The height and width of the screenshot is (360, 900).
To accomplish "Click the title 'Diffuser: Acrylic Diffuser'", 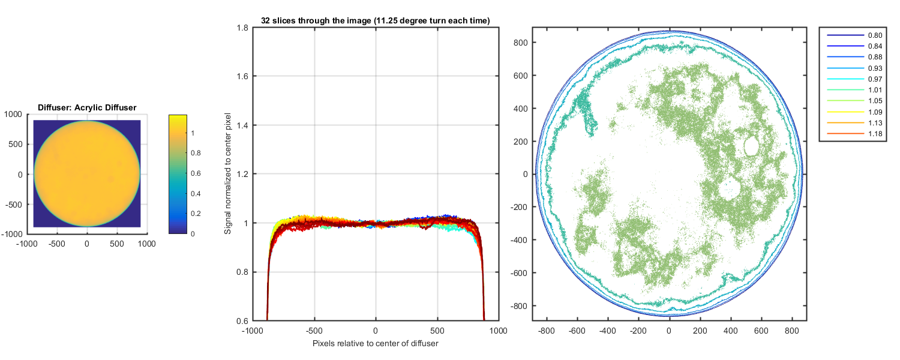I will pos(87,107).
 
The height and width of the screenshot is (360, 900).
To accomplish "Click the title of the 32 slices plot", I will pos(376,21).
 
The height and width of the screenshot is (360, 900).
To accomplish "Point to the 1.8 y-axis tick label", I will pos(242,28).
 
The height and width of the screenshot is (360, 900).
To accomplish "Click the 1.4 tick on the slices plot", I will pos(242,125).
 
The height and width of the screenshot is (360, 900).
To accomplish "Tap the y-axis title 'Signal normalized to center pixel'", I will pos(227,174).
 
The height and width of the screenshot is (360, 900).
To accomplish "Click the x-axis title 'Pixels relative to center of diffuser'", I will pos(376,344).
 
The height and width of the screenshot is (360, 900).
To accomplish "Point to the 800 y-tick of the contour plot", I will pos(520,43).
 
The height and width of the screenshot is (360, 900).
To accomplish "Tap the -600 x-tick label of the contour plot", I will pos(577,331).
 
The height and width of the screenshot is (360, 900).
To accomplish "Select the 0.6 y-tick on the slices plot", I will pos(242,321).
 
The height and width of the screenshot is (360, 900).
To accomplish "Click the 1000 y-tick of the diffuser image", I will pos(13,114).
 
